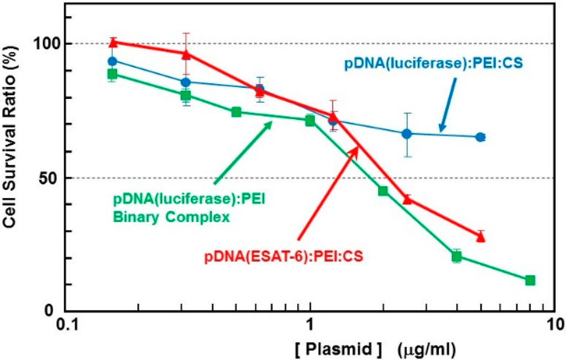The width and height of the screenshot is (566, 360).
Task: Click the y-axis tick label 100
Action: [46, 44]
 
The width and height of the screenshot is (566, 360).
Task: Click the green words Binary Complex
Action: [172, 217]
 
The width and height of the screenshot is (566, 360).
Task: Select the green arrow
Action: [243, 152]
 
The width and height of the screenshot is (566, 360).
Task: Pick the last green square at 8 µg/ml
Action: [530, 280]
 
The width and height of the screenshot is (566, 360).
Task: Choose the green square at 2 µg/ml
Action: [383, 191]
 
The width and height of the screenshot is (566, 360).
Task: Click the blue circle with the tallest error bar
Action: [407, 134]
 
